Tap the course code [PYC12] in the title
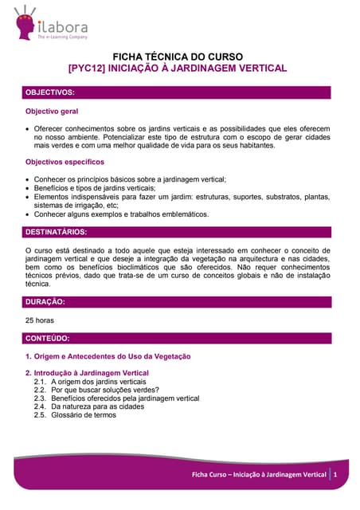[87, 69]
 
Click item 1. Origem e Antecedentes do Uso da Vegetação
[108, 356]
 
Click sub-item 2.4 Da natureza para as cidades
[98, 406]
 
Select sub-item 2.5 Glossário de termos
[84, 415]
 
